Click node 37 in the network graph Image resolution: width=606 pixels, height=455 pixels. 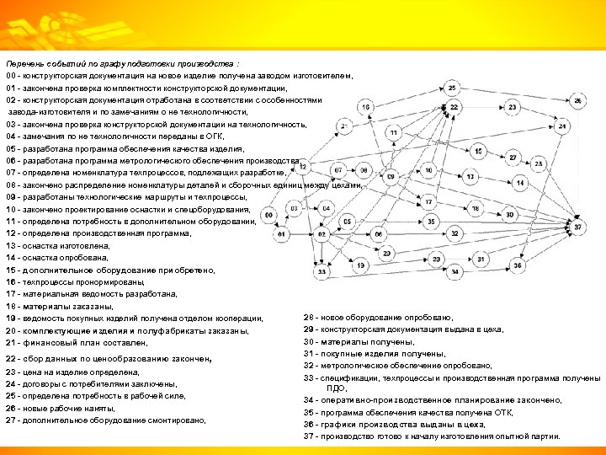pos(577,227)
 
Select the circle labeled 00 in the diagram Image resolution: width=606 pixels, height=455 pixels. pos(268,216)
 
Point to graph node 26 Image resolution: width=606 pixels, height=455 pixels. pos(578,101)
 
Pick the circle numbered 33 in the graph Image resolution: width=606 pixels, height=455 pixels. pos(322,271)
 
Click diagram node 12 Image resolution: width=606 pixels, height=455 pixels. pos(304,166)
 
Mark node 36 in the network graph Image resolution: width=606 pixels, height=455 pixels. pos(518,265)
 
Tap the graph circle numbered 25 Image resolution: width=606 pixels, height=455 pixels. pos(453,88)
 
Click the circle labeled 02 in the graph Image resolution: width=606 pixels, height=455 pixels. pos(322,233)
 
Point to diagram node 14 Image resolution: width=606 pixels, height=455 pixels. pos(520,182)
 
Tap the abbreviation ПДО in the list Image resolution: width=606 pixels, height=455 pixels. pos(336,388)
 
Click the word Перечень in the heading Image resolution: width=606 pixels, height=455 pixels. pos(23,64)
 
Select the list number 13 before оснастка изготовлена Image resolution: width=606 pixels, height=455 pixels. pos(10,245)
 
